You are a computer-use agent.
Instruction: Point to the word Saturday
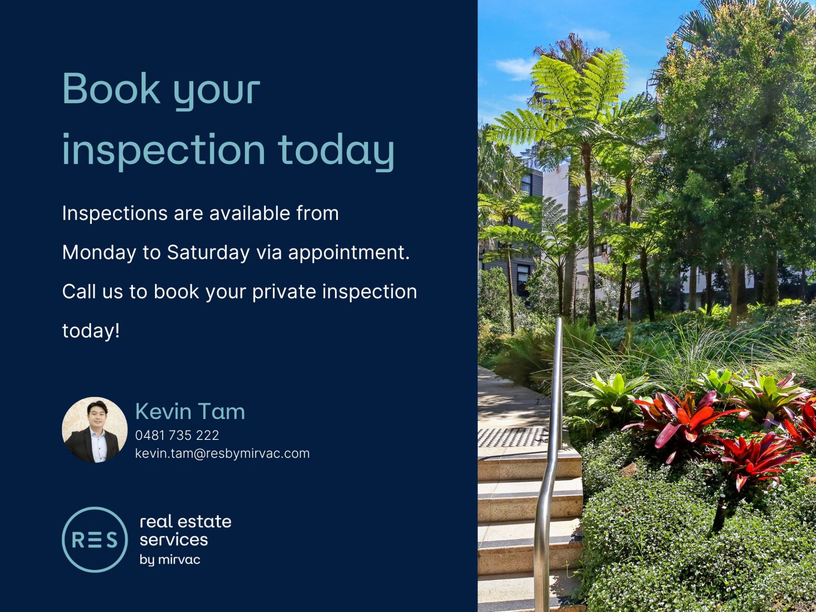[208, 253]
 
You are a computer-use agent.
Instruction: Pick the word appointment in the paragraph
[348, 253]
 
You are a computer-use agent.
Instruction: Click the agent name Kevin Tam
[190, 411]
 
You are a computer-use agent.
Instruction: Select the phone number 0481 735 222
[177, 435]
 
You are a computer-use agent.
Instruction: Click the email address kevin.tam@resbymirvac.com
[222, 453]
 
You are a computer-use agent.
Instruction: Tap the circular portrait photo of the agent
[95, 430]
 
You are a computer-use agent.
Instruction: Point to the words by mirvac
[170, 560]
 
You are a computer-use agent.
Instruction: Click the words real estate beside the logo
[186, 521]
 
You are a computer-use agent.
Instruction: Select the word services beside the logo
[174, 540]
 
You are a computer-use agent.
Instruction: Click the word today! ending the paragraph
[91, 331]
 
